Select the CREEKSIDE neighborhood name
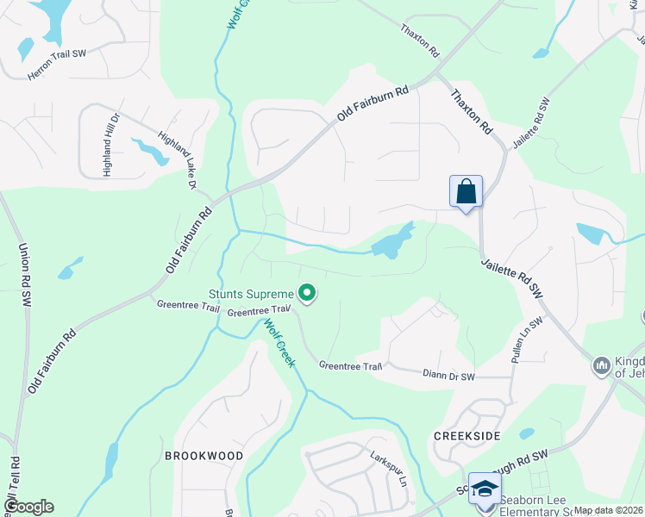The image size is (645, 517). tap(467, 436)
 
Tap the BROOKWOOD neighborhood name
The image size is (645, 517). tap(204, 454)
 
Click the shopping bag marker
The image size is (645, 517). tap(466, 192)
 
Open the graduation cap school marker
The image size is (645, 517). tap(485, 488)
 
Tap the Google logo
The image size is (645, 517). tap(28, 507)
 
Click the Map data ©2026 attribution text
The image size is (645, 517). tap(608, 510)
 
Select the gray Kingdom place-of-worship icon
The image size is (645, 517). tap(602, 366)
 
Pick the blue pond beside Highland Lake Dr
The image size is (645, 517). tap(151, 152)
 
